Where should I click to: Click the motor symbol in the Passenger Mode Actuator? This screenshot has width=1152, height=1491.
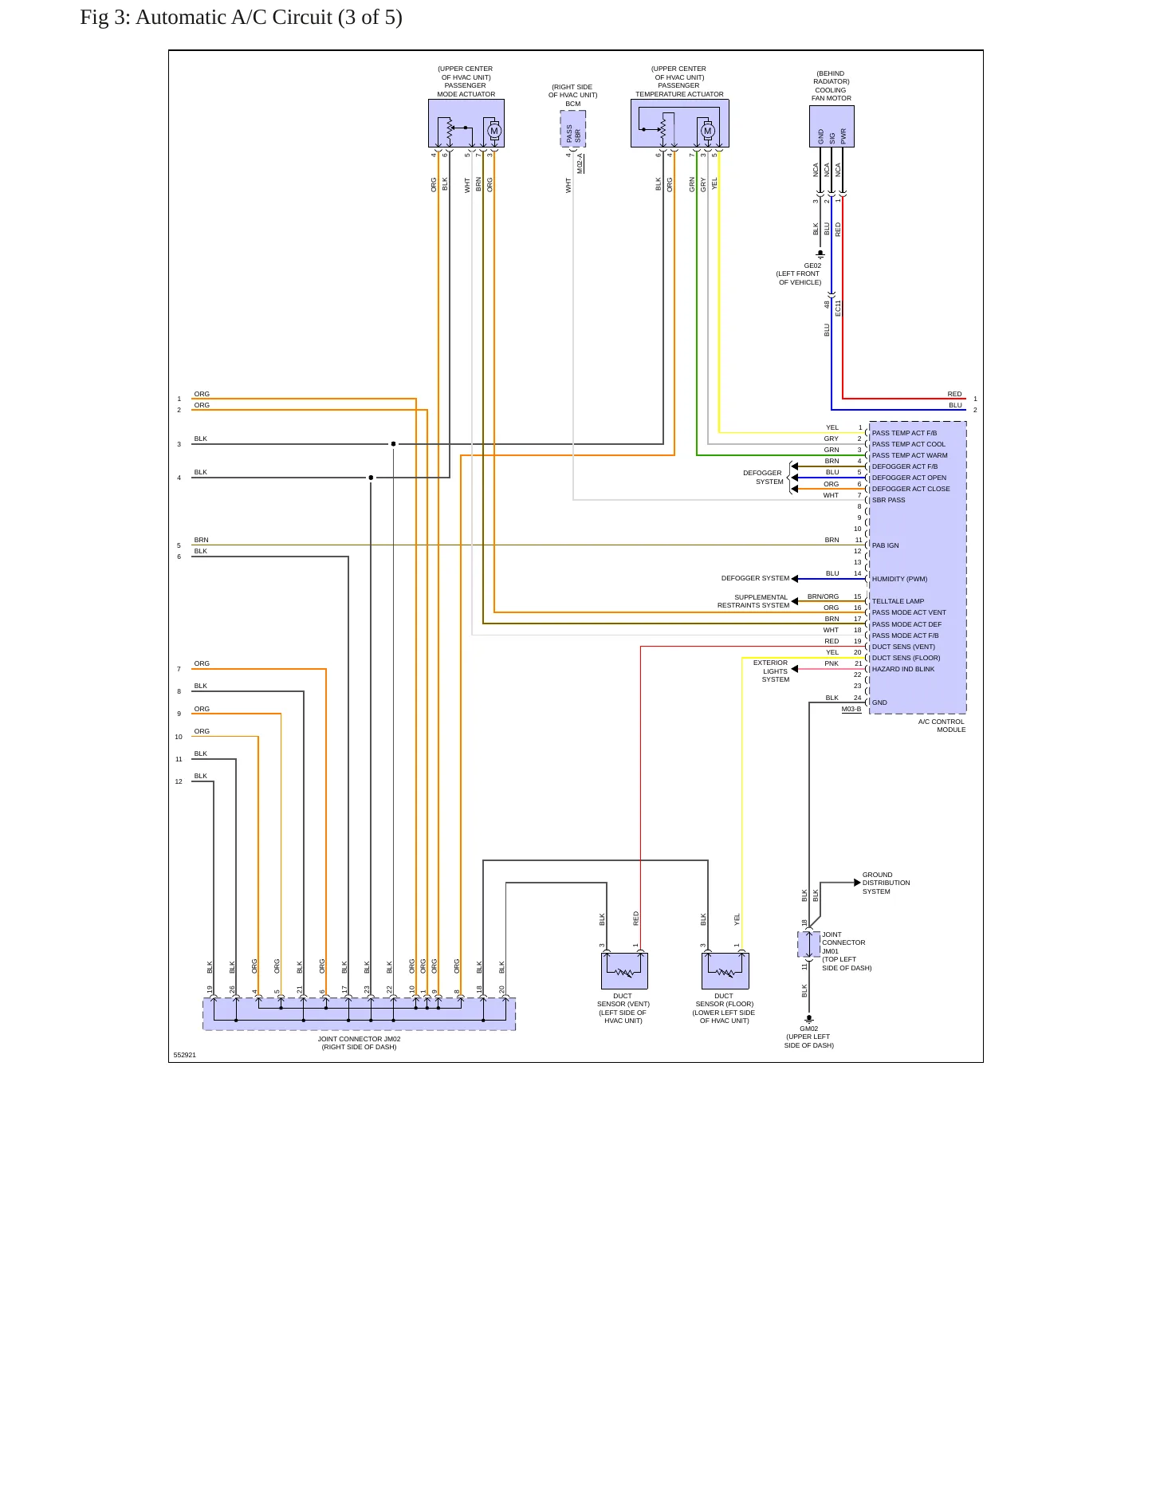click(494, 131)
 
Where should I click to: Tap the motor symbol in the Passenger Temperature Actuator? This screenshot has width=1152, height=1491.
click(707, 131)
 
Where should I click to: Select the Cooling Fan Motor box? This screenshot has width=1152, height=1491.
click(832, 126)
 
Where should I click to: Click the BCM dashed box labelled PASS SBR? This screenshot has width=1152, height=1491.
click(573, 129)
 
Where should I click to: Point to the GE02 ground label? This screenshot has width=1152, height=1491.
click(812, 266)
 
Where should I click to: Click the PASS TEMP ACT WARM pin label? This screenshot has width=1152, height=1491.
click(910, 455)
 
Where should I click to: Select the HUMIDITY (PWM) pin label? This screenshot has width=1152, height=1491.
click(899, 579)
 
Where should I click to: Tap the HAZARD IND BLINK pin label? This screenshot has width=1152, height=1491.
click(903, 669)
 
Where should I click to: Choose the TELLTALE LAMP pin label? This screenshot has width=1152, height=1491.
click(898, 601)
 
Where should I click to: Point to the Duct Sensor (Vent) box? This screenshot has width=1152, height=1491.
click(624, 971)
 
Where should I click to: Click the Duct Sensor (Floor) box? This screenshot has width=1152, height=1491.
click(725, 971)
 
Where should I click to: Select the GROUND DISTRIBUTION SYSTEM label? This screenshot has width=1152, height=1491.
click(886, 883)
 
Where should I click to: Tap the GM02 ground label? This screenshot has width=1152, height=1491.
click(809, 1029)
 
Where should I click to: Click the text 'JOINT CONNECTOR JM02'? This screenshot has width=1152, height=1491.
click(359, 1039)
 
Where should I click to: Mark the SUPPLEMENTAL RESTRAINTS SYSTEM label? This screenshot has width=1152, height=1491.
click(753, 601)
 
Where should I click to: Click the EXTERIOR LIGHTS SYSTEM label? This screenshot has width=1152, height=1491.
click(772, 671)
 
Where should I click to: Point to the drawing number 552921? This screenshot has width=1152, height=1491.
click(185, 1055)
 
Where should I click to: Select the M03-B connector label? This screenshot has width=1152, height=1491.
click(851, 709)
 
